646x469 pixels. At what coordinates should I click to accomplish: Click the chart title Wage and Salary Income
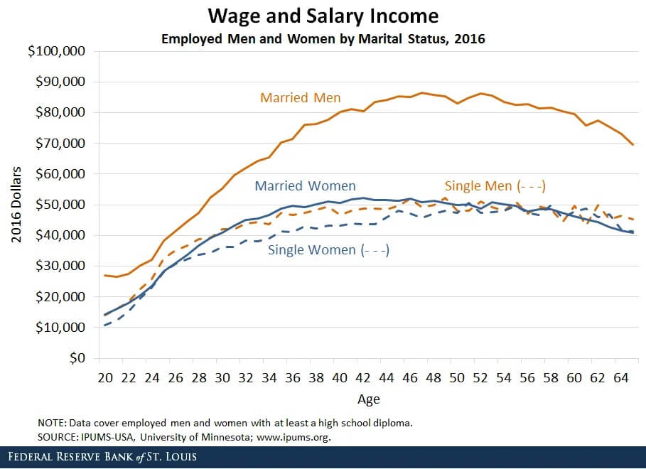[x=323, y=16]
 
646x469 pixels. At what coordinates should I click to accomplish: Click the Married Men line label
[x=300, y=97]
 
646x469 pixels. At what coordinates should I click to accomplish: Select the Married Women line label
[x=305, y=186]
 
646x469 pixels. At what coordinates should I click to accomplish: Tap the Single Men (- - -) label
[x=495, y=186]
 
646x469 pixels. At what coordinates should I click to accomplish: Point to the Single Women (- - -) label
[x=328, y=249]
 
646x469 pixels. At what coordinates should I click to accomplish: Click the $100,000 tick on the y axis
[x=58, y=51]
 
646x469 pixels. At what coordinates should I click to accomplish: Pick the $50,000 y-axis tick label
[x=60, y=205]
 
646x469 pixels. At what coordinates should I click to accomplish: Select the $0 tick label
[x=76, y=358]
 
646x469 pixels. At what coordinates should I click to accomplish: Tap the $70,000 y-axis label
[x=60, y=143]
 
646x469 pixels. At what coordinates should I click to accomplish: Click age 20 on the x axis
[x=105, y=377]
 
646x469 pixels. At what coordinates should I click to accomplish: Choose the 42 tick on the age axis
[x=362, y=377]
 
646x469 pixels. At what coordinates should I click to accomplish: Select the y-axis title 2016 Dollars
[x=16, y=205]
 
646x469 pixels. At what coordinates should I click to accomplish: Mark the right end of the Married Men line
[x=632, y=145]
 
